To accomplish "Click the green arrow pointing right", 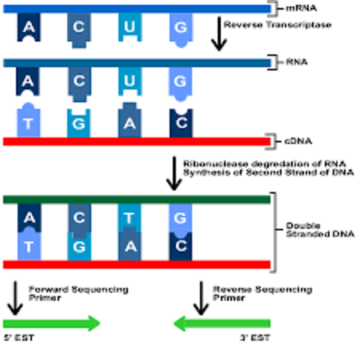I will pos(52,324).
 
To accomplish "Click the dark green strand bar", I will pos(136,199).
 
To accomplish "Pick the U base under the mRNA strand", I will pos(129,27).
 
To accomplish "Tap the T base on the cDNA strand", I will pos(28,123).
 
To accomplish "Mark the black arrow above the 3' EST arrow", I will pos(199,297).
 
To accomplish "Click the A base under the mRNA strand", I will pos(28,27).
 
